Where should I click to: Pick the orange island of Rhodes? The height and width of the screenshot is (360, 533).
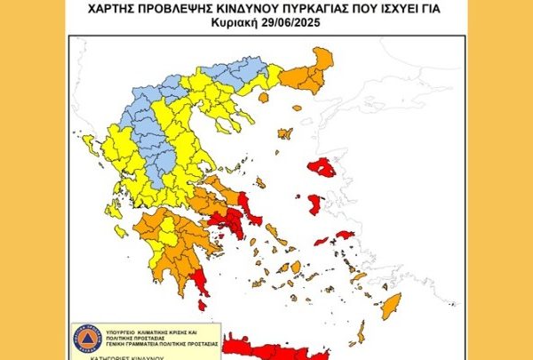tap(391, 305)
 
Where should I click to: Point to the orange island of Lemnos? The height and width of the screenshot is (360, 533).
tap(284, 134)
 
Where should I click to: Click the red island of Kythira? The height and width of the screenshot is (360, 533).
tap(202, 305)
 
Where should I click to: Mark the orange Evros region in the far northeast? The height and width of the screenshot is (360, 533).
tap(320, 67)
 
